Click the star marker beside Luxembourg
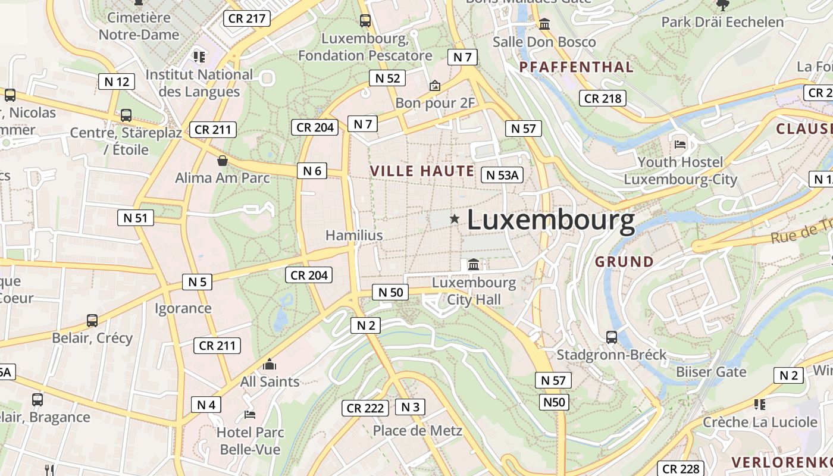click(x=455, y=219)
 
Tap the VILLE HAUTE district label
click(x=422, y=171)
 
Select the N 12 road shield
click(x=117, y=82)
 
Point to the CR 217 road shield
click(x=247, y=18)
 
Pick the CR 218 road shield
click(x=603, y=99)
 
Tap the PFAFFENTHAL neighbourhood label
click(x=577, y=67)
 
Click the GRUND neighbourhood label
click(x=624, y=262)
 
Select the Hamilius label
click(x=354, y=236)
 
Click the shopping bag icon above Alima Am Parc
click(x=223, y=161)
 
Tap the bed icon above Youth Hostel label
click(x=680, y=144)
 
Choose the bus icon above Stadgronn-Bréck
click(x=612, y=337)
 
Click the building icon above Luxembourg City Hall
click(x=474, y=264)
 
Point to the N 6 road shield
click(x=312, y=171)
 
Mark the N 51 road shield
click(x=135, y=218)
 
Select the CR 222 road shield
click(x=365, y=408)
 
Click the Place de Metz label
click(x=417, y=430)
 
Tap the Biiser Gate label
click(x=710, y=372)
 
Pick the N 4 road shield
click(x=206, y=405)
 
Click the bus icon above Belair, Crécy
click(x=92, y=321)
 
